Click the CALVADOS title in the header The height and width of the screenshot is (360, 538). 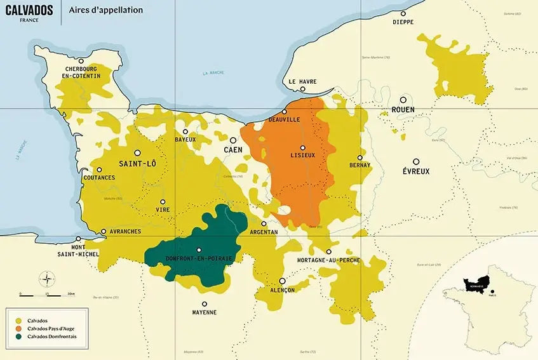pos(29,10)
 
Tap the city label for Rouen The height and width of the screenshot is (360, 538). pos(403,110)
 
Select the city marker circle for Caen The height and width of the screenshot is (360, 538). pos(233,140)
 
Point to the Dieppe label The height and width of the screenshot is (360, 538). pos(403,22)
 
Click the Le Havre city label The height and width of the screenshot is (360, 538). pos(302,81)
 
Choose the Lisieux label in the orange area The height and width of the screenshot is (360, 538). pos(302,156)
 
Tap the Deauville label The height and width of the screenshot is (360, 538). pos(284,119)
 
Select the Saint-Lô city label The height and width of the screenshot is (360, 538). pos(137,164)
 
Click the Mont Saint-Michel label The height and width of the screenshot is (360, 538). pos(85,251)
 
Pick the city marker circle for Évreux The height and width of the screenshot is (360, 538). pos(416,162)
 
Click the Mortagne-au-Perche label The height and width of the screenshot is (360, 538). pos(328,260)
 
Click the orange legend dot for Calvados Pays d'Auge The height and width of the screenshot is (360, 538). pos(18,328)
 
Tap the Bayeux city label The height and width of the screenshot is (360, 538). pos(185,139)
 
